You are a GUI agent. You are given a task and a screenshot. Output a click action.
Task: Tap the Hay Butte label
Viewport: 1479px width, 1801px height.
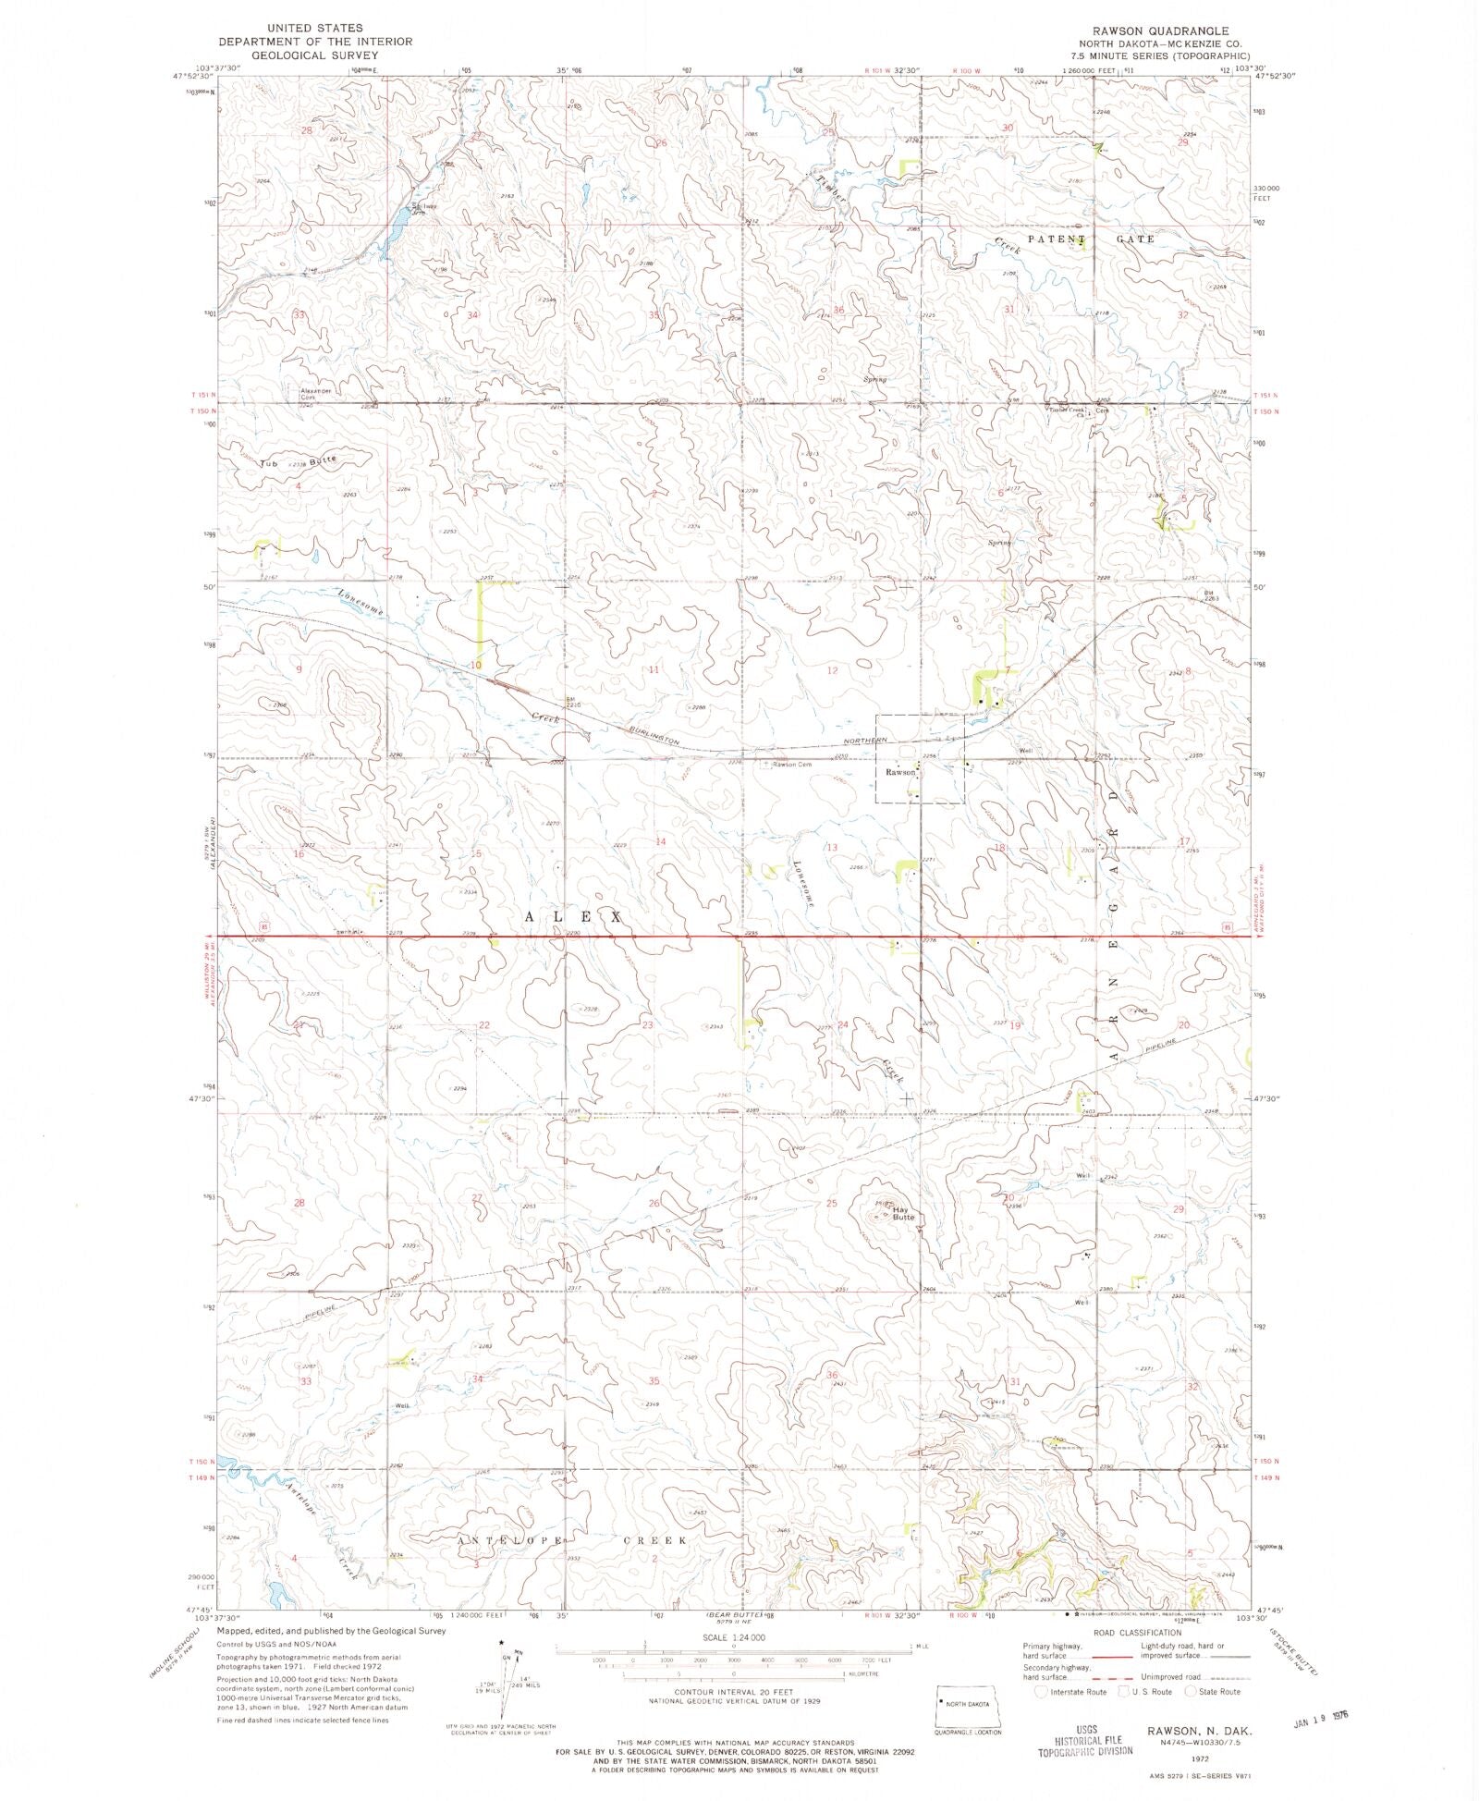[901, 1213]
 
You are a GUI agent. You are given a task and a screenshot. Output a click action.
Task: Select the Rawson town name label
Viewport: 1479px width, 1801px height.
[899, 771]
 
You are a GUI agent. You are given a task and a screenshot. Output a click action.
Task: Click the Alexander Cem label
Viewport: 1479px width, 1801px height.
[315, 393]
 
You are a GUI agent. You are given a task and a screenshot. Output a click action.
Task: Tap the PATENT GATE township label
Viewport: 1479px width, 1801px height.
[1091, 239]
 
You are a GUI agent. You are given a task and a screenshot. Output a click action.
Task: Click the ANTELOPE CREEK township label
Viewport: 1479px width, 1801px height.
[573, 1540]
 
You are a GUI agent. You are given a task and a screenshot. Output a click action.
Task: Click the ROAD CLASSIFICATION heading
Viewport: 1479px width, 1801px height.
[1136, 1633]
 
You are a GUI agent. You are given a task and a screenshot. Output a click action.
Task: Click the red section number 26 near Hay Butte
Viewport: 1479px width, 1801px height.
[654, 1203]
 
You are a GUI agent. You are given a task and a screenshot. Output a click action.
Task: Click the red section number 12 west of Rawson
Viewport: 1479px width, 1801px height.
[832, 669]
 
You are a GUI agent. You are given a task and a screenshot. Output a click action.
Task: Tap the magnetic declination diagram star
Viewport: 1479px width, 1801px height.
[502, 1643]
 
